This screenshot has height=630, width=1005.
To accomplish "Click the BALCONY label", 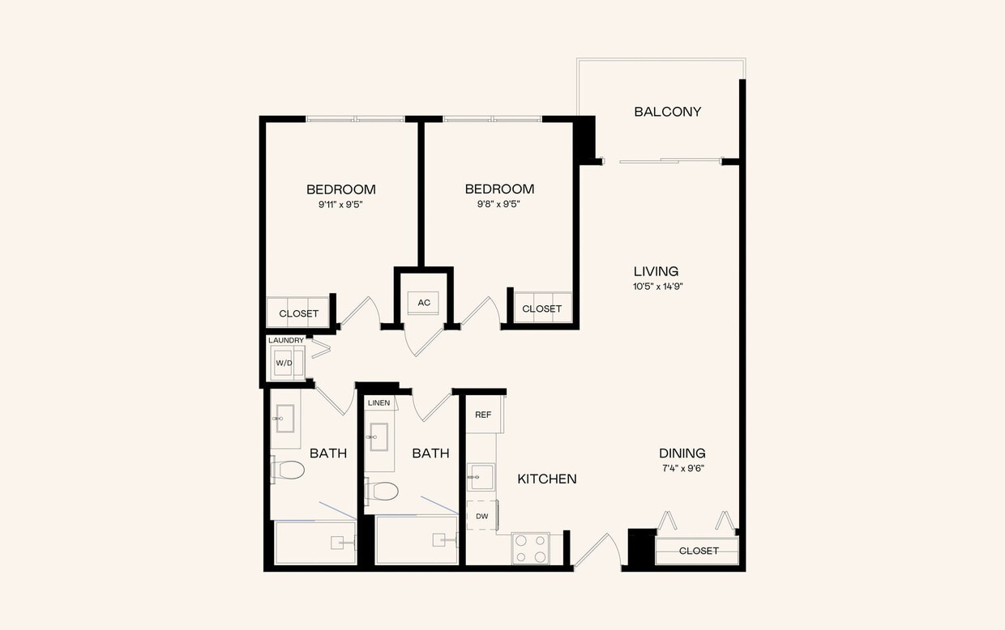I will pos(667,112).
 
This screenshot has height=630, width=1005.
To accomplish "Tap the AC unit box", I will pos(423,303).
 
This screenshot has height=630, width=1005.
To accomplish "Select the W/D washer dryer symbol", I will pos(284,363).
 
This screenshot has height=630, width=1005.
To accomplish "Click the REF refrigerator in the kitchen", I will pos(483,415).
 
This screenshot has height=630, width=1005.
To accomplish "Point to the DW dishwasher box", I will pos(482,516).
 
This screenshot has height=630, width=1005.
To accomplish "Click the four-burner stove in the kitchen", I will pos(530,547).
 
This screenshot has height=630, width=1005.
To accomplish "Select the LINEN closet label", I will pos(378,402).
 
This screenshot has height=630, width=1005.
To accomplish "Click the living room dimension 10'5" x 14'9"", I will pos(656,287).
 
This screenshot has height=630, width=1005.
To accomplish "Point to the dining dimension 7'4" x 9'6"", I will pos(682,468).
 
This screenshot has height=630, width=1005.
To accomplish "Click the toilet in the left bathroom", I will pos(288,470).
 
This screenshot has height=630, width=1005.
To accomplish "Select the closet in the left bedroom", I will pos(298,313).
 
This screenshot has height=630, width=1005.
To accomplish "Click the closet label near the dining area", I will pos(699,551).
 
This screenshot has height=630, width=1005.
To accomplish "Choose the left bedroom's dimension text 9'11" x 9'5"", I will pos(340,205).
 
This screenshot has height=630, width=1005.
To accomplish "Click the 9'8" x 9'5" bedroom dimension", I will pos(499,205).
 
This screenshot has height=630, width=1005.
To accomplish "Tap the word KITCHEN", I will pos(547,479).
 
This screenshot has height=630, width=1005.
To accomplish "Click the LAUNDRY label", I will pos(286,340).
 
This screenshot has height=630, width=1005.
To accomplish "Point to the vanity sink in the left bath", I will pos(284,419).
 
